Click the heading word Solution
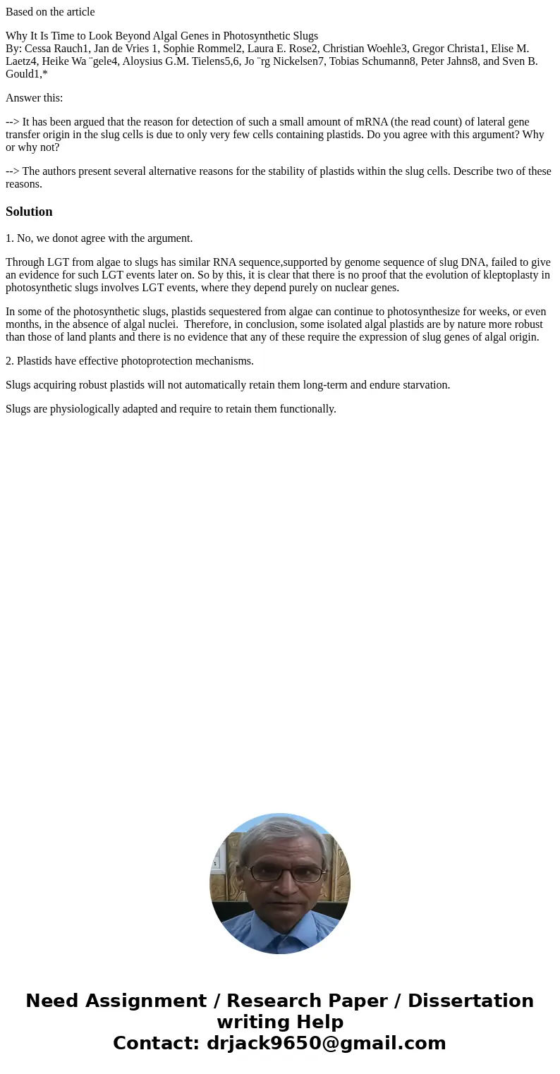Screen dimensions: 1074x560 coord(29,212)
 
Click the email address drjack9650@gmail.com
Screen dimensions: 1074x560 coord(326,1043)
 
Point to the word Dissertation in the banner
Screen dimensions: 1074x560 coord(470,1001)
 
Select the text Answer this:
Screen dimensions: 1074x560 coord(34,98)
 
